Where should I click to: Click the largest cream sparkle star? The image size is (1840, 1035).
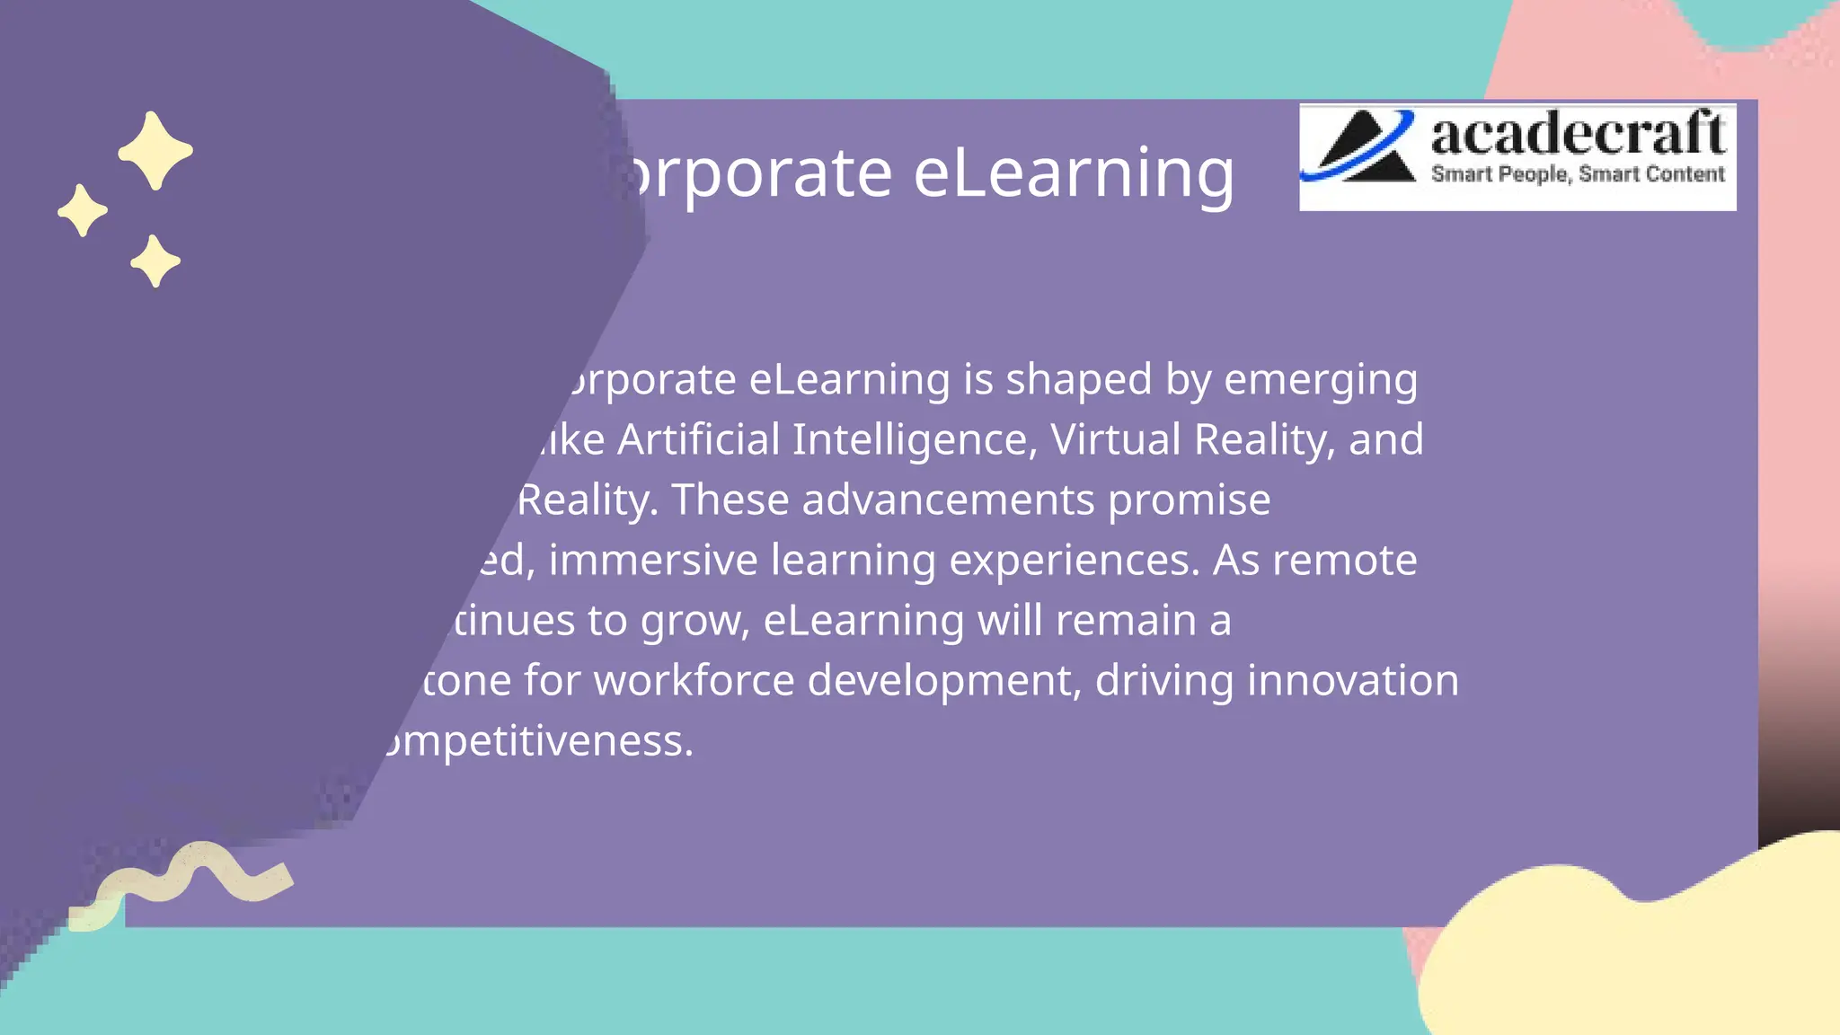tap(155, 151)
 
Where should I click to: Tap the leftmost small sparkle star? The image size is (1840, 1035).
tap(83, 211)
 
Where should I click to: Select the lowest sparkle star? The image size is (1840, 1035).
tap(155, 261)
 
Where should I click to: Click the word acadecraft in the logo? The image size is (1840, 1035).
tap(1577, 135)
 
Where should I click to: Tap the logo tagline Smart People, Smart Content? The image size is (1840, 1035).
tap(1577, 174)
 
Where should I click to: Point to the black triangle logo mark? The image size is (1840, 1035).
tap(1361, 149)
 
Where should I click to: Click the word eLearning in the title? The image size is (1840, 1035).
tap(1074, 172)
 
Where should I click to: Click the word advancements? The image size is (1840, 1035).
tap(948, 500)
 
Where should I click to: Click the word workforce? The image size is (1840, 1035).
tap(694, 680)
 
